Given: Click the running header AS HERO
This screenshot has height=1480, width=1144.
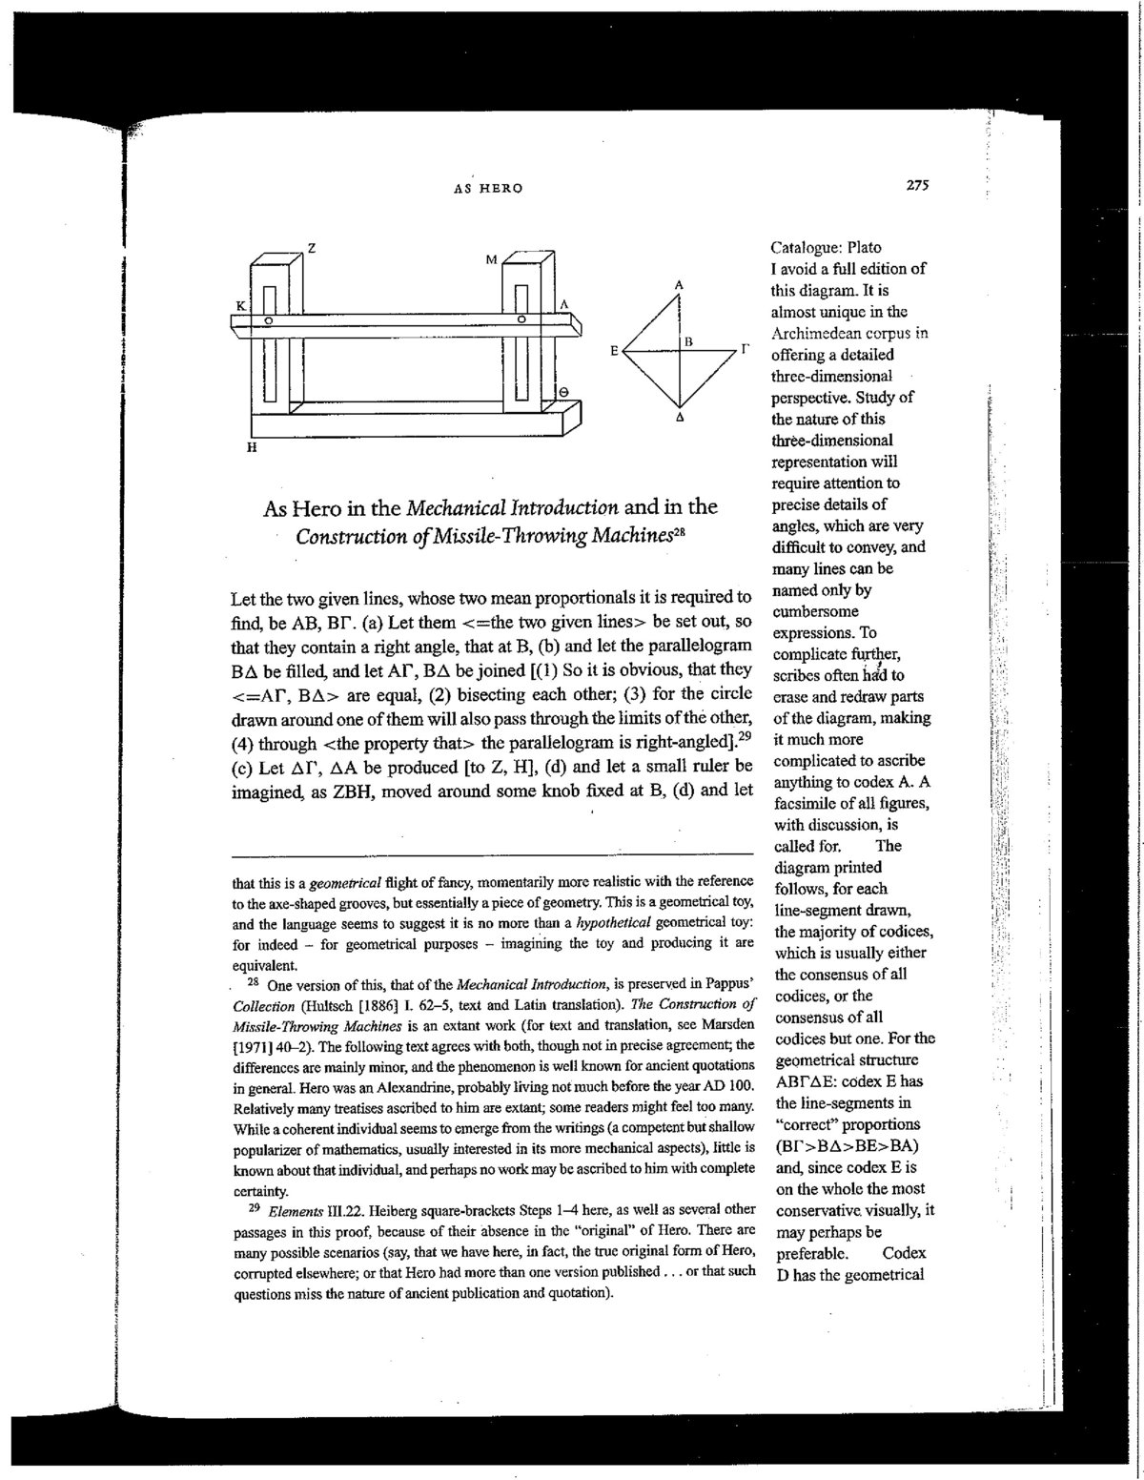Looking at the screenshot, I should (x=487, y=189).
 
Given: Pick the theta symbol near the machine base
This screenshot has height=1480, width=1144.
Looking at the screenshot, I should (x=564, y=391).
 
